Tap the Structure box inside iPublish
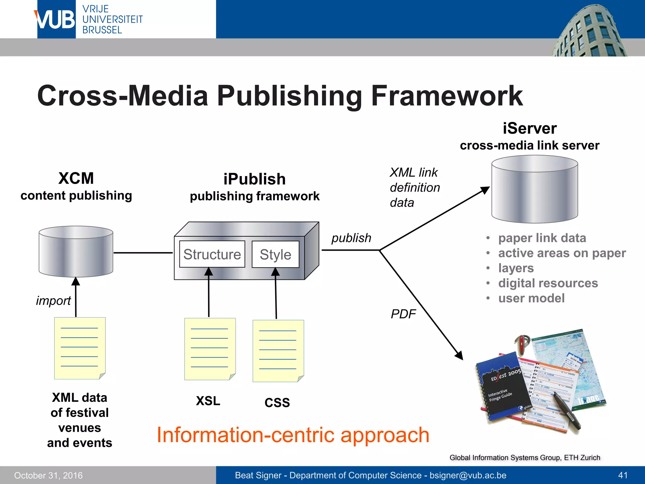pos(212,254)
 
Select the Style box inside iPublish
pos(276,255)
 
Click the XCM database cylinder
pos(76,251)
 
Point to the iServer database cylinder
pos(534,189)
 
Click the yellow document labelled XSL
pos(210,349)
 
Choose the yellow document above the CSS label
pos(278,351)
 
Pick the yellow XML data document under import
pos(80,348)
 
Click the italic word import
pos(53,301)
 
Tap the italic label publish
pos(351,238)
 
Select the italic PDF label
pos(403,314)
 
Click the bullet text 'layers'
pos(516,268)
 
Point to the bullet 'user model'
pos(531,298)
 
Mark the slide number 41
pos(623,475)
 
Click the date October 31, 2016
pos(48,475)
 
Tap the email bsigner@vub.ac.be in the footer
pos(468,475)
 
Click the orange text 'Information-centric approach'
pos(293,435)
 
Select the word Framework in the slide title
pos(447,96)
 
